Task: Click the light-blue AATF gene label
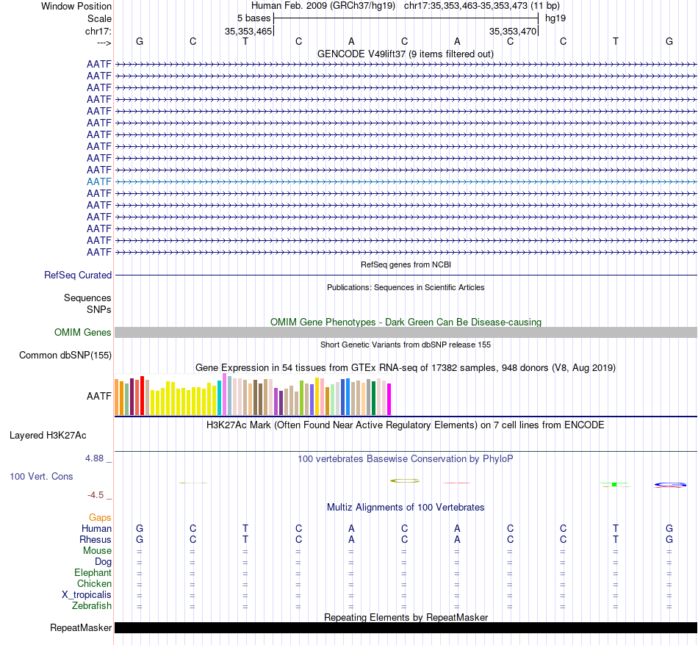(99, 181)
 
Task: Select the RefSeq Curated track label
(78, 275)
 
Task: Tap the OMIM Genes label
(83, 333)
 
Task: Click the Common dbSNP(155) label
(65, 356)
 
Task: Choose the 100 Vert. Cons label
(41, 477)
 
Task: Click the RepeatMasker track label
(81, 628)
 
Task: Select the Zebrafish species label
(92, 606)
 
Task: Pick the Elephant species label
(93, 573)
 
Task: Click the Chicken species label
(94, 584)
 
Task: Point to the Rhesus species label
(96, 540)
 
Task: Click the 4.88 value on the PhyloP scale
(98, 458)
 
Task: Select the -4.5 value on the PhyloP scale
(99, 495)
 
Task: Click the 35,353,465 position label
(248, 32)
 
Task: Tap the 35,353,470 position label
(513, 32)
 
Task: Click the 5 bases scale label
(253, 18)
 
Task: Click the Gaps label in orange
(100, 518)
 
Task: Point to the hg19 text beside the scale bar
(555, 18)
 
